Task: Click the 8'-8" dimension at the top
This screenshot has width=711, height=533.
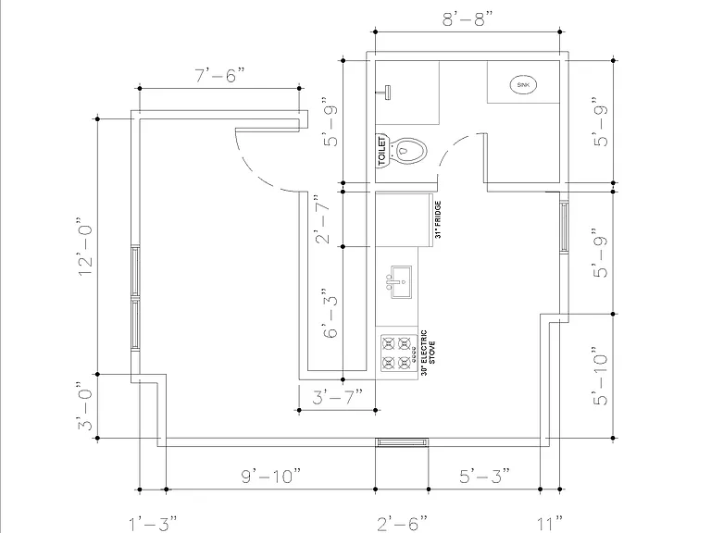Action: coord(467,19)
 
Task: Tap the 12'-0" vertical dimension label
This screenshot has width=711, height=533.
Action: coord(86,246)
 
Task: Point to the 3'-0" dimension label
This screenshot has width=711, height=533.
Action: coord(86,405)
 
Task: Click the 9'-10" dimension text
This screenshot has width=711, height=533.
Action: coord(270,476)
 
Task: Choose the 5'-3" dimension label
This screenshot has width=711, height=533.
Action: coord(484,476)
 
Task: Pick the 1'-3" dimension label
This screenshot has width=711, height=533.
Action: coord(153,524)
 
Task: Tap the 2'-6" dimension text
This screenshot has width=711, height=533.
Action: coord(402,524)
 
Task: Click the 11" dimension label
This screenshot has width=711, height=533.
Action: coord(550,524)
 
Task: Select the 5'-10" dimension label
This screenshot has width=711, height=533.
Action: coord(600,377)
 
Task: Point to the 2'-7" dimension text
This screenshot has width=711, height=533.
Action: coord(322,219)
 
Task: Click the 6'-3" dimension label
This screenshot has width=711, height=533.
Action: coord(331,313)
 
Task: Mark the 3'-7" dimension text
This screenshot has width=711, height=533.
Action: coord(337,397)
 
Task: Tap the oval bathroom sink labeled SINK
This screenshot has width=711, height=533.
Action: coord(523,85)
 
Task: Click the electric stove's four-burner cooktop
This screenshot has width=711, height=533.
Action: coord(399,353)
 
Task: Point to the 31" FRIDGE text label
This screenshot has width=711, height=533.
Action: coord(438,220)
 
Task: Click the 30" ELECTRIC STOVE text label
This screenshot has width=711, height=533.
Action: coord(428,353)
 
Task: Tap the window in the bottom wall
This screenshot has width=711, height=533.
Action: coord(402,442)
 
